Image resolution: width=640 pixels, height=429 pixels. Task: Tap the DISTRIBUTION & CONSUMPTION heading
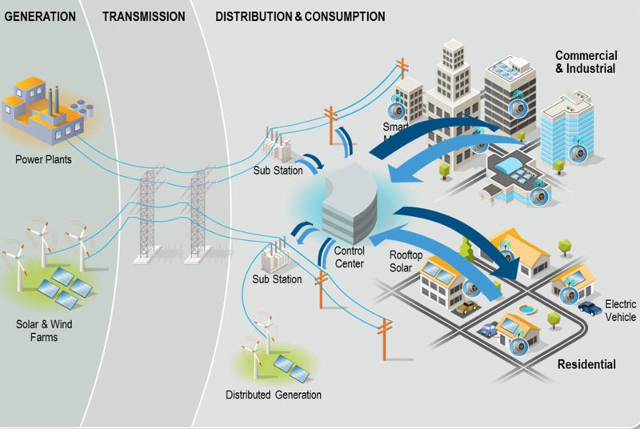[300, 15]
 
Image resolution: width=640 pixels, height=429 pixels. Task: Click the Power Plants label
[43, 159]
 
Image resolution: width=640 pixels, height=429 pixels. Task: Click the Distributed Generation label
[273, 395]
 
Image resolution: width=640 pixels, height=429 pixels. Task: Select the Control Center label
[350, 257]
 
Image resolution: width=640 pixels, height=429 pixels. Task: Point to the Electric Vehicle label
[620, 311]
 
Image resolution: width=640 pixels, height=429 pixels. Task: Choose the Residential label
[586, 364]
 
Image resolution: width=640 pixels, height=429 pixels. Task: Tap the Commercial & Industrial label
[586, 62]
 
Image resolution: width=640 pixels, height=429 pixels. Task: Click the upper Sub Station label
[277, 170]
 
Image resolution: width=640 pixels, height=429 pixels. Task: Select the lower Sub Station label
[277, 279]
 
